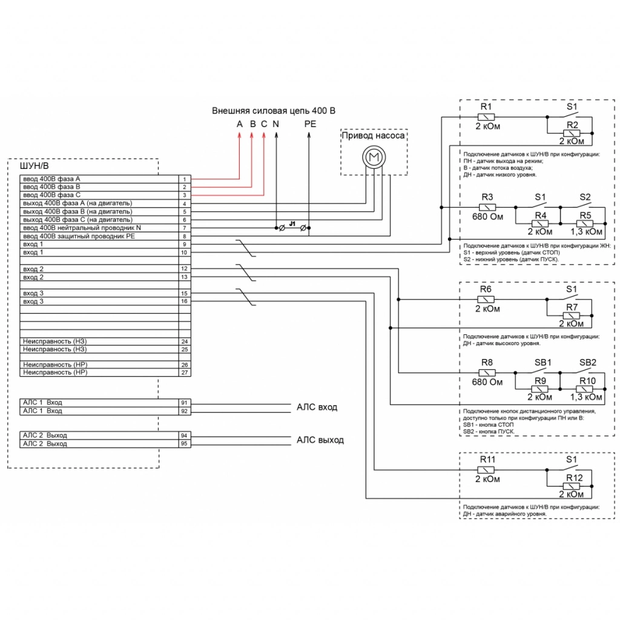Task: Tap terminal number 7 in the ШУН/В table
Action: [185, 228]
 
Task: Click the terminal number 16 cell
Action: [185, 301]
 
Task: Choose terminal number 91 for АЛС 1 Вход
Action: [185, 402]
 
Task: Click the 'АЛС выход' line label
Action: [320, 440]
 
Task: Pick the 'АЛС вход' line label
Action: [317, 407]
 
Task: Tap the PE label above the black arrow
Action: [310, 124]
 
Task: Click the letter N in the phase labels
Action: [276, 124]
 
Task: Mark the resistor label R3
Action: [487, 197]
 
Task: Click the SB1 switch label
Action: [542, 362]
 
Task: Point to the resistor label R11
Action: [487, 460]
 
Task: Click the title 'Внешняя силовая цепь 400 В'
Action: [273, 111]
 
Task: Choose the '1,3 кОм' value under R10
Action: [586, 397]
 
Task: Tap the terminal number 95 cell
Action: [185, 444]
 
